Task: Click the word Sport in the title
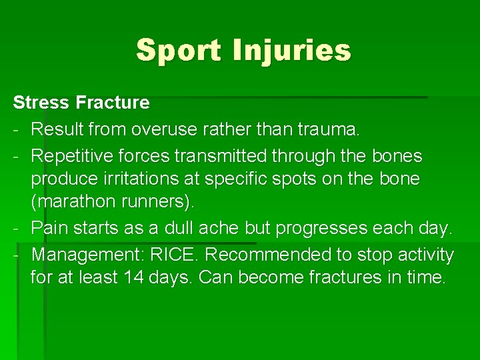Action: [x=179, y=50]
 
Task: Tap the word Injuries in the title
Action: [x=291, y=50]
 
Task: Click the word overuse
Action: [x=165, y=129]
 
